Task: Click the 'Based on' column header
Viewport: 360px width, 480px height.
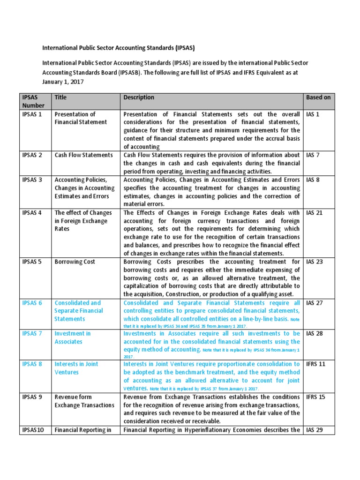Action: coord(318,97)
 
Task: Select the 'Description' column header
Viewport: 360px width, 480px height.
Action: coord(139,97)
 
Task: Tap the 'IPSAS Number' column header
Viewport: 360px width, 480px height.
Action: coord(32,101)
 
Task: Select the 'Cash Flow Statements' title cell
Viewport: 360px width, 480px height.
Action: coord(83,155)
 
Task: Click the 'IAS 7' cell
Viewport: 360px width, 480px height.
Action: coord(313,155)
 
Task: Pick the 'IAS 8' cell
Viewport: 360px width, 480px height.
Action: coord(313,180)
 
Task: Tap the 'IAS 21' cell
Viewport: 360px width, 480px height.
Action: coord(314,212)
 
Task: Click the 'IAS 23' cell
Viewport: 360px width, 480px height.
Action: coord(314,262)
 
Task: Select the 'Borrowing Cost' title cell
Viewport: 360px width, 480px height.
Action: coord(75,262)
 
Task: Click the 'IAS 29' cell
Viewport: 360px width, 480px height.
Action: coord(314,429)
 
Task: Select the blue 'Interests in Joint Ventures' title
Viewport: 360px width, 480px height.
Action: coord(76,368)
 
